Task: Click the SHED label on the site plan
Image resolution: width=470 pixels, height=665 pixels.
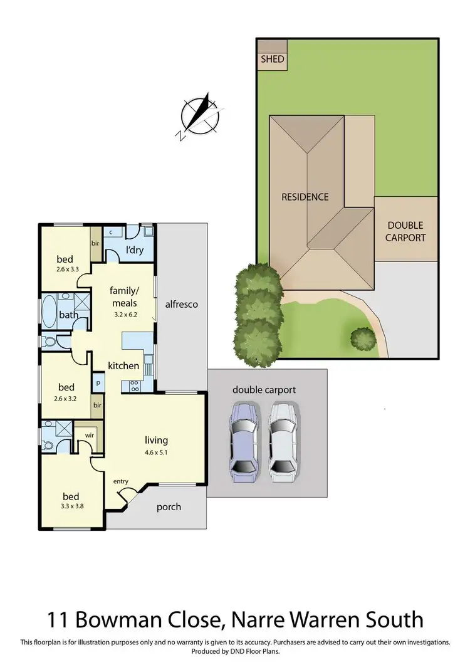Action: pyautogui.click(x=271, y=60)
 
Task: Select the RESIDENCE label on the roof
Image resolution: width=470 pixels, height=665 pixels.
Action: pyautogui.click(x=305, y=197)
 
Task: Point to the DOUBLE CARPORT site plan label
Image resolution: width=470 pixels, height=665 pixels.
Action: pyautogui.click(x=405, y=231)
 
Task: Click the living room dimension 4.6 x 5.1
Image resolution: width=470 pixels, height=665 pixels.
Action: pyautogui.click(x=156, y=453)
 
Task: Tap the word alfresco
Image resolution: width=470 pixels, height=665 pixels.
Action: pyautogui.click(x=181, y=305)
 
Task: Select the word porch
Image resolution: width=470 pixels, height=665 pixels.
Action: pyautogui.click(x=168, y=506)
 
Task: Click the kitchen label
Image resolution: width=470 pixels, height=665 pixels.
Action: pyautogui.click(x=123, y=365)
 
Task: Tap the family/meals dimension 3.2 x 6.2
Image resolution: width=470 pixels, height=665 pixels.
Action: pyautogui.click(x=123, y=315)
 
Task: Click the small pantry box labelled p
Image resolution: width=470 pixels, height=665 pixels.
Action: pyautogui.click(x=98, y=381)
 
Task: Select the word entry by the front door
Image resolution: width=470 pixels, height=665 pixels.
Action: pyautogui.click(x=120, y=481)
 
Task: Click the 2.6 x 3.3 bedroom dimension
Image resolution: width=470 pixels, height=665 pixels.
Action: pyautogui.click(x=65, y=270)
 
